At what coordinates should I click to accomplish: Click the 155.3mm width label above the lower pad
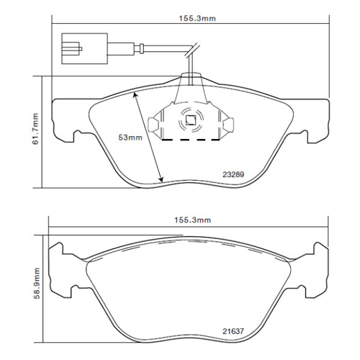pyautogui.click(x=189, y=220)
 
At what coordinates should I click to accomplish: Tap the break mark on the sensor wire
pyautogui.click(x=192, y=50)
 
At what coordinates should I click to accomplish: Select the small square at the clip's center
pyautogui.click(x=192, y=121)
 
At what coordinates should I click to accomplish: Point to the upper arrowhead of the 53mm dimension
pyautogui.click(x=136, y=94)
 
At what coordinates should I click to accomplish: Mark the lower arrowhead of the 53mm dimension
pyautogui.click(x=161, y=179)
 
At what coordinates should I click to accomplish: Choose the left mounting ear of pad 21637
pyautogui.click(x=61, y=272)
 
